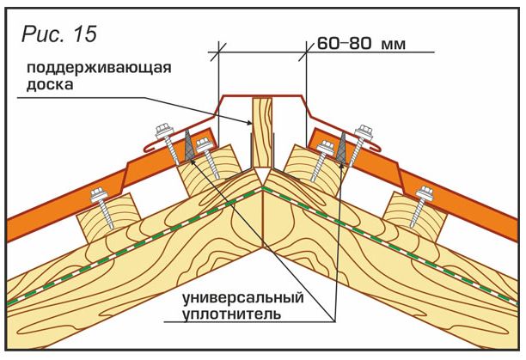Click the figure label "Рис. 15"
click(x=59, y=34)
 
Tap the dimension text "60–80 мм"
click(x=361, y=44)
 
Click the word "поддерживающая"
click(x=99, y=69)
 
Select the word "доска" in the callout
click(x=50, y=84)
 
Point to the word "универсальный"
click(x=243, y=297)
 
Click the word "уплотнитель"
click(x=231, y=314)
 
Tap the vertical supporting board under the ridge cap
click(x=262, y=132)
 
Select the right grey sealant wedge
click(x=343, y=146)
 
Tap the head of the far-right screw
click(x=425, y=193)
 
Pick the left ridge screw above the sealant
click(x=168, y=144)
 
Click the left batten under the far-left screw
click(x=107, y=215)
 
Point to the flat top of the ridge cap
click(x=263, y=96)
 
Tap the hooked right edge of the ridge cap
click(x=376, y=148)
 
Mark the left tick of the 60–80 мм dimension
click(x=218, y=52)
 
